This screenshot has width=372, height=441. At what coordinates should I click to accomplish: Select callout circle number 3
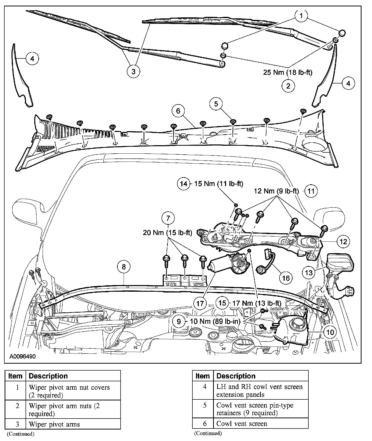(133, 71)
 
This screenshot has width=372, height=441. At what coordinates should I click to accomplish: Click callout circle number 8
(124, 267)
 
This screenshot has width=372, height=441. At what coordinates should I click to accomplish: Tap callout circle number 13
(309, 273)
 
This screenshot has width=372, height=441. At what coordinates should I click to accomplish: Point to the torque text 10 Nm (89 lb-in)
(215, 321)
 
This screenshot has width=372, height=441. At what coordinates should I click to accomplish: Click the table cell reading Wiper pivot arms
(54, 424)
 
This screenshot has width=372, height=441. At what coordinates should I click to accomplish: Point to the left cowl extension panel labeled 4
(22, 77)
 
